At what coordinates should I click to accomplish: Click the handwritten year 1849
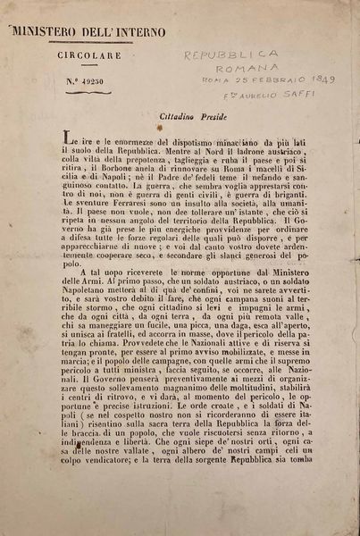pos(316,80)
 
